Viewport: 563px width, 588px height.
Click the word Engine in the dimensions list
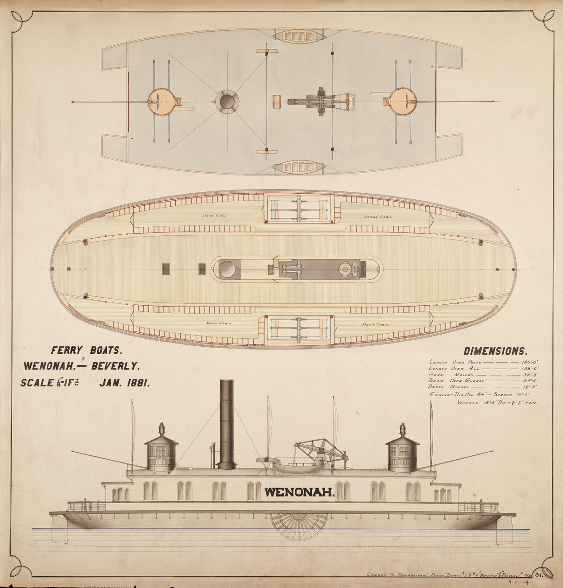[440, 395]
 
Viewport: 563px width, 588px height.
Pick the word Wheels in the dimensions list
[467, 402]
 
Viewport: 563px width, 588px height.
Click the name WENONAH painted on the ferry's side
[299, 491]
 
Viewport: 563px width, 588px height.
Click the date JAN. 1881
[124, 383]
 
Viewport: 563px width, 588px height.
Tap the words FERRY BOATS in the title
[86, 350]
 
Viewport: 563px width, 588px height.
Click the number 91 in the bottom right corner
[541, 574]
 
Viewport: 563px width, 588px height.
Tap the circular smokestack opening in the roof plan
[227, 101]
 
